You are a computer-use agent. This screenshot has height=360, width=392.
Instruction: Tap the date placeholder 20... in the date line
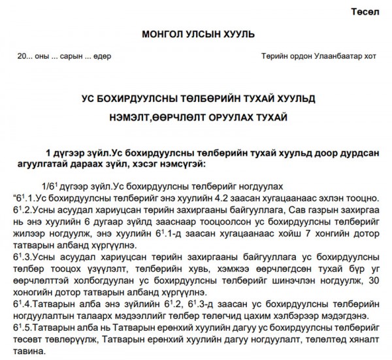point(25,56)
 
